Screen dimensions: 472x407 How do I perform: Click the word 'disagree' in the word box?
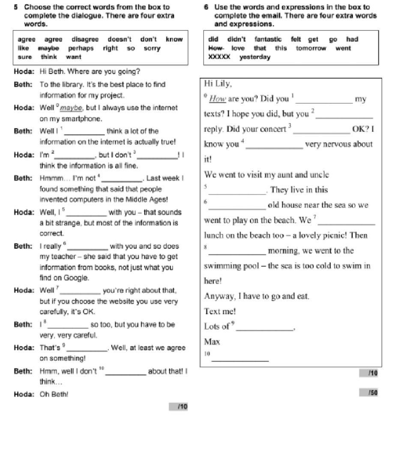(85, 39)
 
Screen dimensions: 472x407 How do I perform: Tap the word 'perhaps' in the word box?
(81, 48)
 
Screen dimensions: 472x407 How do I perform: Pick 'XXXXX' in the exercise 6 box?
(219, 57)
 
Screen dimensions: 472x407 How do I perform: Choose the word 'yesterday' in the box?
(255, 57)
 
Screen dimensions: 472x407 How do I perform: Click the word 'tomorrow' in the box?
(311, 48)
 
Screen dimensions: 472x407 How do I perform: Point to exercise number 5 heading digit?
(16, 7)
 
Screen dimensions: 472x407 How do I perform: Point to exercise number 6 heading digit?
(206, 7)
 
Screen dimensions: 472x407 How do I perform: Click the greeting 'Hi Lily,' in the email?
(218, 84)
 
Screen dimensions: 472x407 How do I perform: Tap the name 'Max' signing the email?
(212, 342)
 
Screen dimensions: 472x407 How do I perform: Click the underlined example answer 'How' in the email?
(218, 99)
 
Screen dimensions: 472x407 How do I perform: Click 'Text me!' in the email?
(220, 311)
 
